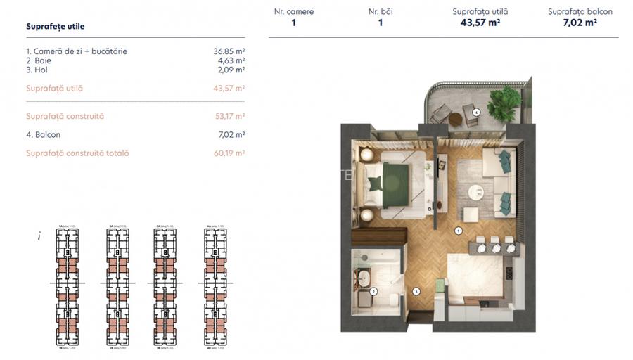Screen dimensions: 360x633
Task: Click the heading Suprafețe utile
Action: pos(55,27)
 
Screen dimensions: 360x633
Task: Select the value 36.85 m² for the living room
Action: pos(229,51)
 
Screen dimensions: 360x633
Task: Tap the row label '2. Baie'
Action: pos(39,60)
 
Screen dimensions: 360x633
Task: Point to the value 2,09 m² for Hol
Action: pos(231,70)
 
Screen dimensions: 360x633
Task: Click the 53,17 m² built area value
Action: pos(230,116)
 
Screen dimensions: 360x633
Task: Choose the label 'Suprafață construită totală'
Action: pos(77,153)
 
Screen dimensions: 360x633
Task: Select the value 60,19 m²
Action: pos(230,153)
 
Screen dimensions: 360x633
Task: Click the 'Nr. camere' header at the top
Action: pos(294,11)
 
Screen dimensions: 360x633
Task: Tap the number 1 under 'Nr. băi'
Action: pos(381,22)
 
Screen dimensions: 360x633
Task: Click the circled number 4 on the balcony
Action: pos(476,112)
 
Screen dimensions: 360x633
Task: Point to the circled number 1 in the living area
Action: pos(458,230)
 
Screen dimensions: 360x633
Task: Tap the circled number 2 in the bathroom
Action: pos(373,290)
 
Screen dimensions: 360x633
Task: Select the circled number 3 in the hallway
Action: pos(416,290)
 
